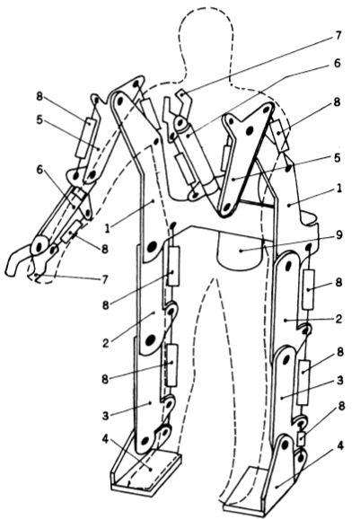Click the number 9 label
tap(338, 235)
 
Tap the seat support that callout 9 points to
tap(240, 250)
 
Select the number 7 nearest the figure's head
tap(338, 35)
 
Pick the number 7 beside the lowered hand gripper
tap(104, 279)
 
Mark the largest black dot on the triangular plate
tap(250, 129)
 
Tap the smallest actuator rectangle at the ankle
tap(301, 438)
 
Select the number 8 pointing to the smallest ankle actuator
tap(340, 406)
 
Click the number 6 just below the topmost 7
tap(337, 63)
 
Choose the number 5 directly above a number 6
tap(40, 119)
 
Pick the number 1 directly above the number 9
tap(338, 189)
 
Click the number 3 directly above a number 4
tap(105, 416)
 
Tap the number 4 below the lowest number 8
tap(340, 446)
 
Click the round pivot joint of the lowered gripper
tap(39, 246)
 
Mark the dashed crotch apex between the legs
tap(215, 279)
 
